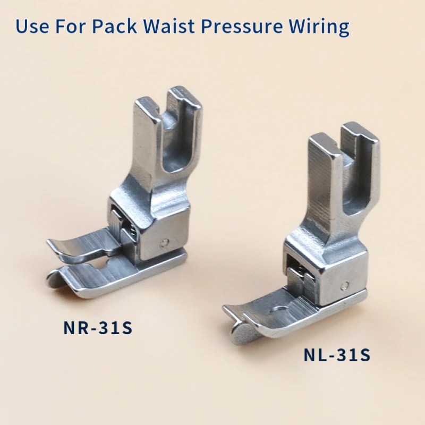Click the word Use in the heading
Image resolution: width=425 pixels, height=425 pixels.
click(32, 26)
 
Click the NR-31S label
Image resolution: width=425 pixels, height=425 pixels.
click(98, 327)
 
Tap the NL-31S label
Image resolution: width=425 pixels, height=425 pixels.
click(337, 354)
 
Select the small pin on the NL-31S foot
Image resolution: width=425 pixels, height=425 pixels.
click(345, 285)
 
